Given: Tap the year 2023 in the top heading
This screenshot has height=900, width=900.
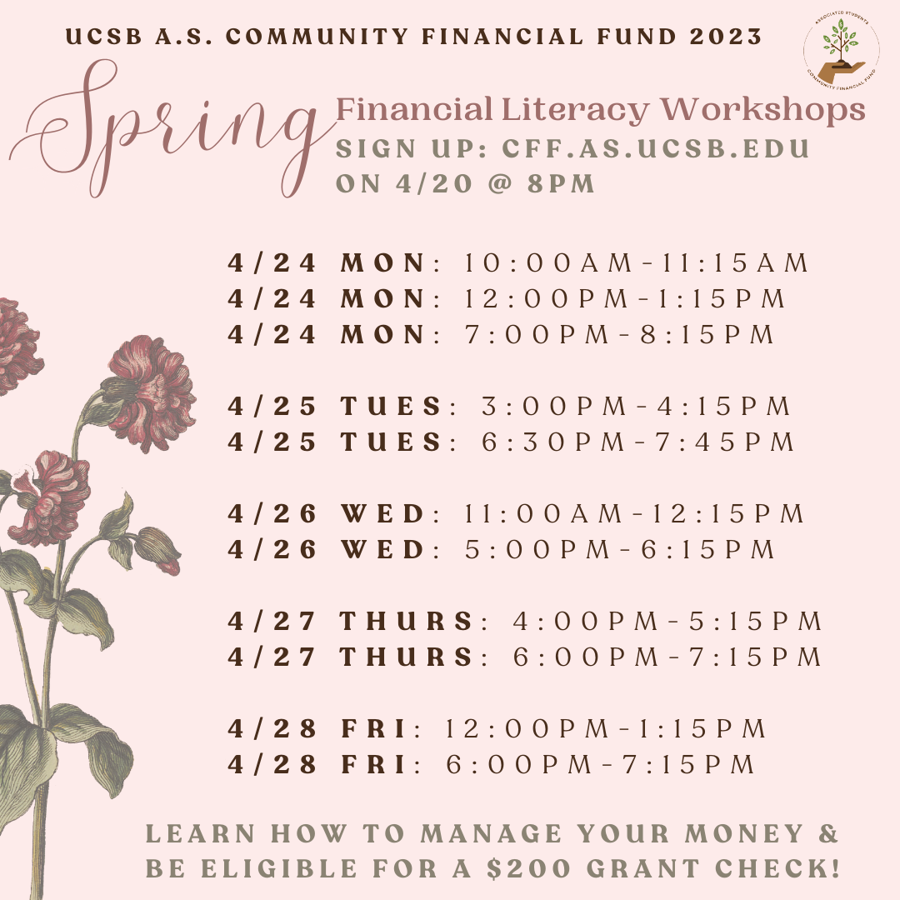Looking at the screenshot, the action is [726, 37].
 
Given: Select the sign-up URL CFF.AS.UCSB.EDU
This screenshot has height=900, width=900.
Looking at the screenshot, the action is [656, 148].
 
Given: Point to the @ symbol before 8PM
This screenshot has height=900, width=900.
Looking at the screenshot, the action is [500, 183].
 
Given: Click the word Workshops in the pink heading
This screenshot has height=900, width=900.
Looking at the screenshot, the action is [762, 110].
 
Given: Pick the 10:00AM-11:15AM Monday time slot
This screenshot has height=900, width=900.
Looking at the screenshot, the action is [636, 262].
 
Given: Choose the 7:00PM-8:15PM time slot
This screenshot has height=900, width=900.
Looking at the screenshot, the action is [619, 335].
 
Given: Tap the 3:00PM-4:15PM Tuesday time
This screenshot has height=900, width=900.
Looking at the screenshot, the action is [636, 407].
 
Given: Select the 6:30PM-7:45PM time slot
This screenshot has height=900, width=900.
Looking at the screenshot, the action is [637, 442].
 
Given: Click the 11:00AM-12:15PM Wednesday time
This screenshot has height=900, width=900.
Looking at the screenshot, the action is [634, 513].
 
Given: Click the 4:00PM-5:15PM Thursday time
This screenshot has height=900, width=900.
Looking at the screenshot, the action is [667, 621].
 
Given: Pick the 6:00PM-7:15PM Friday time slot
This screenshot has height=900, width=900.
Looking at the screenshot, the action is [600, 764].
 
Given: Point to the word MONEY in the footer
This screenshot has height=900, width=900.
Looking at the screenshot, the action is [744, 833].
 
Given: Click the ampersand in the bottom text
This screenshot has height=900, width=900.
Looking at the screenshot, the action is [828, 833].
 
